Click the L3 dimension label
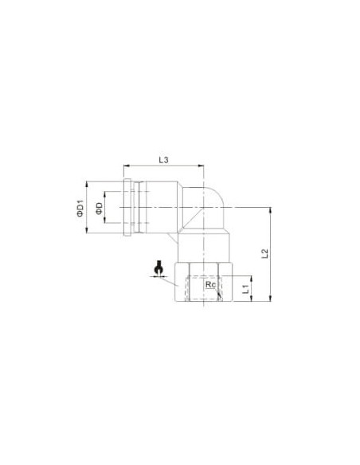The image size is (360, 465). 163,160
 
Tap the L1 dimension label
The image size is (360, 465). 245,289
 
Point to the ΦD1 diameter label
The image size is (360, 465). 80,209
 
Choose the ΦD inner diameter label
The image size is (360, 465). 99,208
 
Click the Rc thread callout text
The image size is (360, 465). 210,284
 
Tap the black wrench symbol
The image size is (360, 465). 158,268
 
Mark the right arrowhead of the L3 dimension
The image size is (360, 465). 201,166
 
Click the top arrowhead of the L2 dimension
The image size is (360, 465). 270,210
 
